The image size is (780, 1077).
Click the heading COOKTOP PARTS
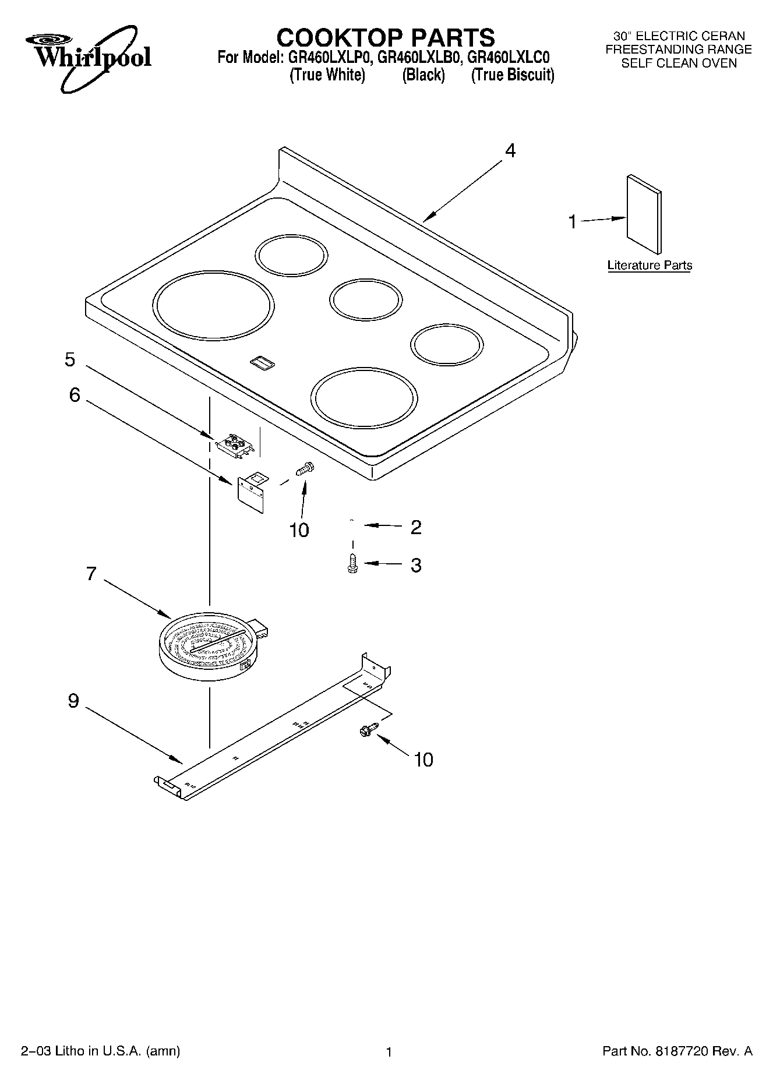[x=385, y=37]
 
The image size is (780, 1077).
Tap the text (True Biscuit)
[x=512, y=75]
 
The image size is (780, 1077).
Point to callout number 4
[x=510, y=151]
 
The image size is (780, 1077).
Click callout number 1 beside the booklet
[x=573, y=222]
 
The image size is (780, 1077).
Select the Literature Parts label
[x=650, y=266]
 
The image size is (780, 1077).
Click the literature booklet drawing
[x=644, y=214]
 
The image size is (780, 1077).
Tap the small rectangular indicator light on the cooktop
[x=262, y=363]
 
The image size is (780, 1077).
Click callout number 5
[x=70, y=360]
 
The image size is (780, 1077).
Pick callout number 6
[x=75, y=395]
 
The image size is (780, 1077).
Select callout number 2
[x=416, y=527]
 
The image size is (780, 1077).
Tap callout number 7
[x=91, y=574]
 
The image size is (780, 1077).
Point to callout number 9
[x=73, y=700]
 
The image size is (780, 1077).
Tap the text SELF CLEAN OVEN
[x=679, y=63]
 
